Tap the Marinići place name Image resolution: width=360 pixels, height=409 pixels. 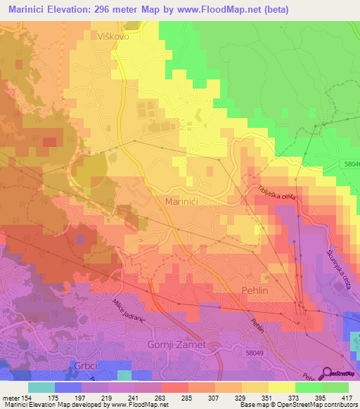(185, 202)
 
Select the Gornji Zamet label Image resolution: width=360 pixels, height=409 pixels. (176, 344)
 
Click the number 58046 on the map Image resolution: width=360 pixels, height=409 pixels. (349, 164)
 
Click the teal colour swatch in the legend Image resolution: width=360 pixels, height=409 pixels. (42, 387)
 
